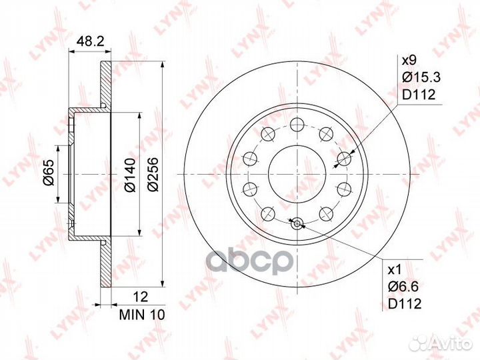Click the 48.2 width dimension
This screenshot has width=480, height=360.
90,41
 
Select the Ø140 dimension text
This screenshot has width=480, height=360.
131,175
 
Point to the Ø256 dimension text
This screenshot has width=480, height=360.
153,175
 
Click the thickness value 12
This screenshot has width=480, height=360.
141,297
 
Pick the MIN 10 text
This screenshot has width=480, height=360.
142,315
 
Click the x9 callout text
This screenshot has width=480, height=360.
409,61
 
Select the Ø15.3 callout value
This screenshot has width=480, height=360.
421,77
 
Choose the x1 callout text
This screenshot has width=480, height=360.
394,270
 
